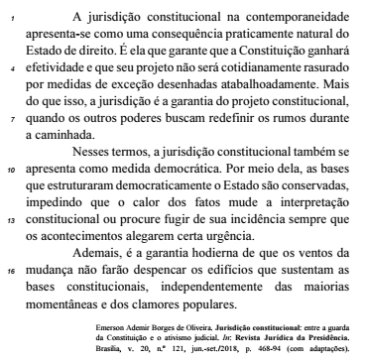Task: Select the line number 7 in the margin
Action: click(8, 116)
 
